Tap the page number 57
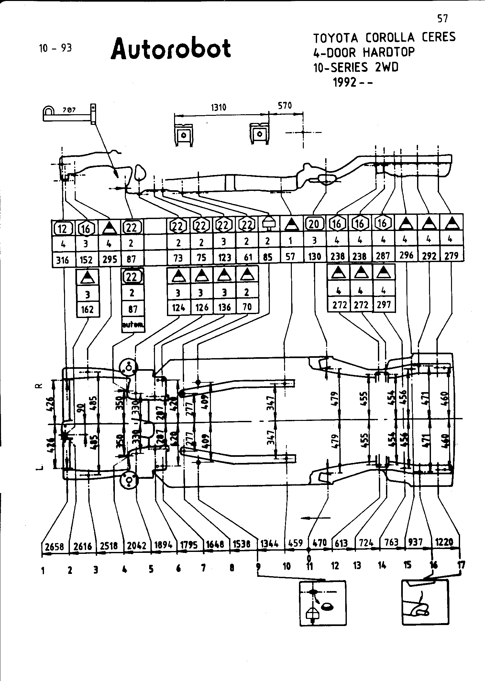(442, 19)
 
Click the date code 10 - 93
(55, 48)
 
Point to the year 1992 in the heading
(345, 82)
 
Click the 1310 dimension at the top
(218, 107)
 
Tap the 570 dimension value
(285, 105)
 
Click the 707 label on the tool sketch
(69, 110)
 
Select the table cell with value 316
(63, 260)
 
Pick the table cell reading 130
(314, 257)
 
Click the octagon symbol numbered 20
(314, 224)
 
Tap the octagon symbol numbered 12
(63, 228)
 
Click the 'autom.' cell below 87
(132, 325)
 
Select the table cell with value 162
(87, 309)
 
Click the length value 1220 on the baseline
(444, 542)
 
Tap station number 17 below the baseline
(461, 565)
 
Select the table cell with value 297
(384, 304)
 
